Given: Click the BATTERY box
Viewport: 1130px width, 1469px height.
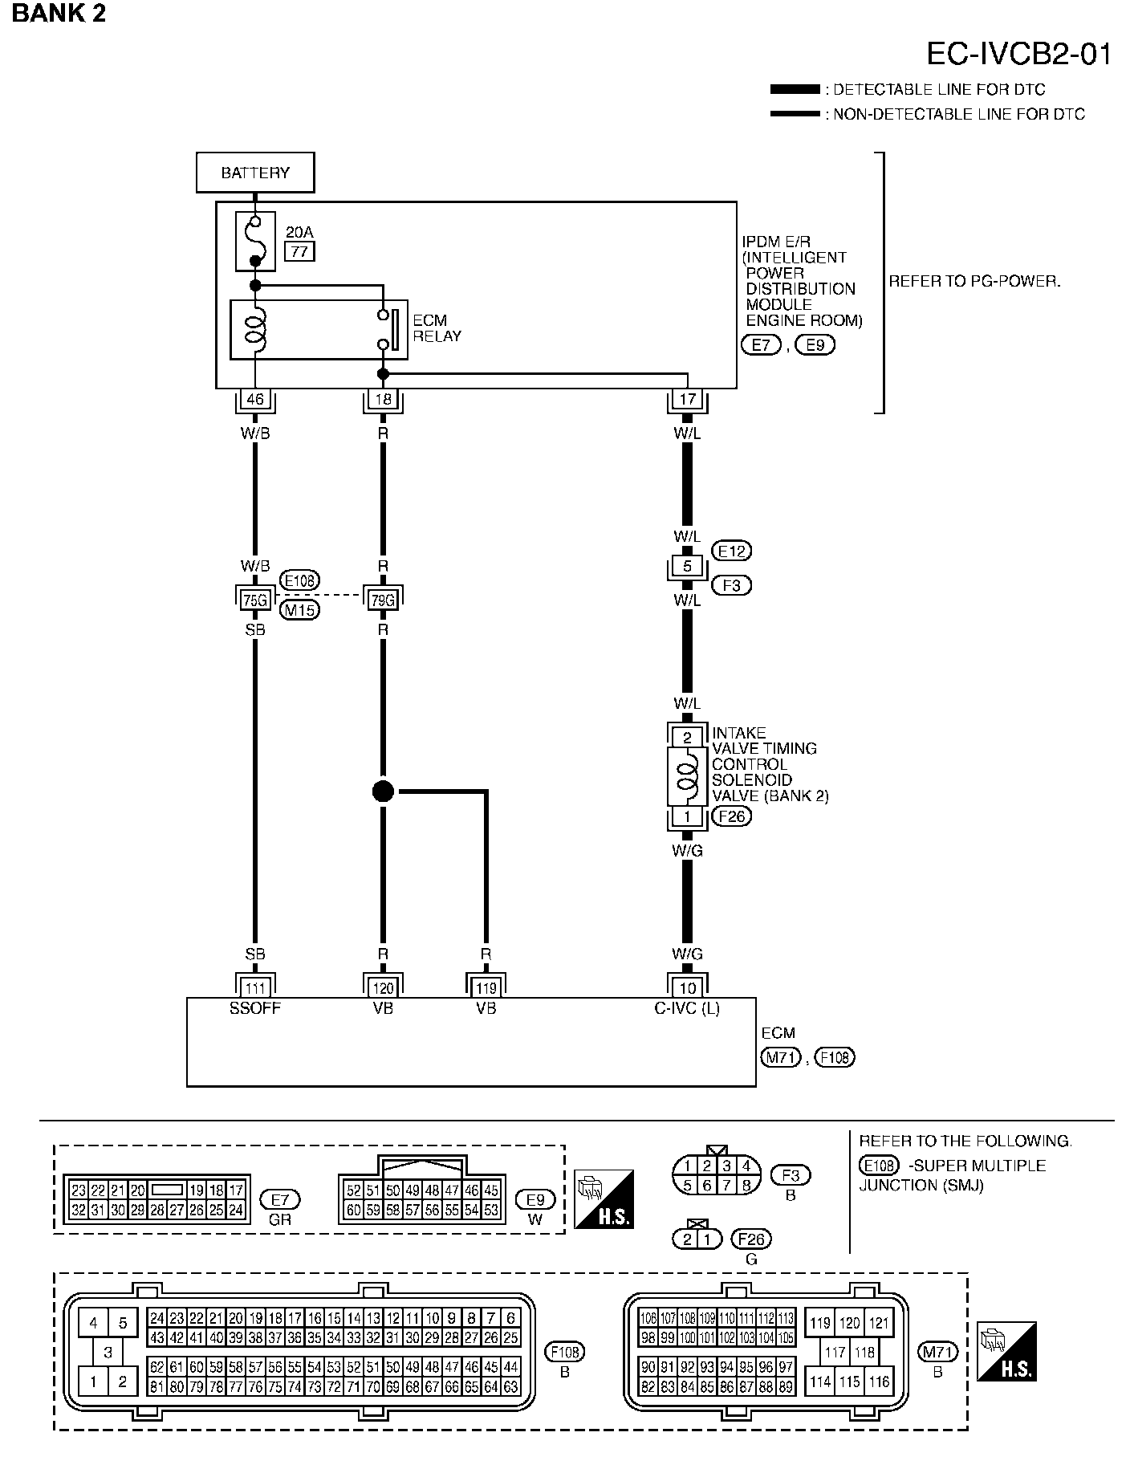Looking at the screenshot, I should [255, 173].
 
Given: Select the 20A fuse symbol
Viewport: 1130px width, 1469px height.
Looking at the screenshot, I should [255, 241].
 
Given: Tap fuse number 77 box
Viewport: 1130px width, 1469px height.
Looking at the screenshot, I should [299, 252].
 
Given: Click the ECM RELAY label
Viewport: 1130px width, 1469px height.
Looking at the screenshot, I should [437, 328].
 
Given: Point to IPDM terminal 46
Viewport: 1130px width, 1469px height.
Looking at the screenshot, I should [255, 399].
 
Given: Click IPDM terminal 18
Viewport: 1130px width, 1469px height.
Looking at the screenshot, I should [383, 399].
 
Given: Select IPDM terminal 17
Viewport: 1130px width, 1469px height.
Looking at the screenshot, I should [687, 399].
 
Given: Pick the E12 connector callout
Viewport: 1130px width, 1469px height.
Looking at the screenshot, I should [731, 551].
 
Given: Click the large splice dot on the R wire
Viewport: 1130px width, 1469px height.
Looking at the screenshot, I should [384, 791].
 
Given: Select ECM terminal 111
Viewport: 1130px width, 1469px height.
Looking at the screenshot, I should [255, 987].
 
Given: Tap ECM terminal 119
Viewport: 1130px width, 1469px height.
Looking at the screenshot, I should [486, 987].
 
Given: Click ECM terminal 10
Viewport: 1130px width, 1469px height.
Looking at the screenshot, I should [687, 987].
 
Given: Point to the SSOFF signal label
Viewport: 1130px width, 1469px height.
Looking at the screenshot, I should [255, 1008].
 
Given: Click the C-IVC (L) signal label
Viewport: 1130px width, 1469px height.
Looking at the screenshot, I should [687, 1008].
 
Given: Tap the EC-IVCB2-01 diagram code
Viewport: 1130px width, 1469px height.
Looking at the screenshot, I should [1019, 54].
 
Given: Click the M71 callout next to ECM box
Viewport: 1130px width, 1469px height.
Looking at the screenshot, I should [780, 1057].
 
